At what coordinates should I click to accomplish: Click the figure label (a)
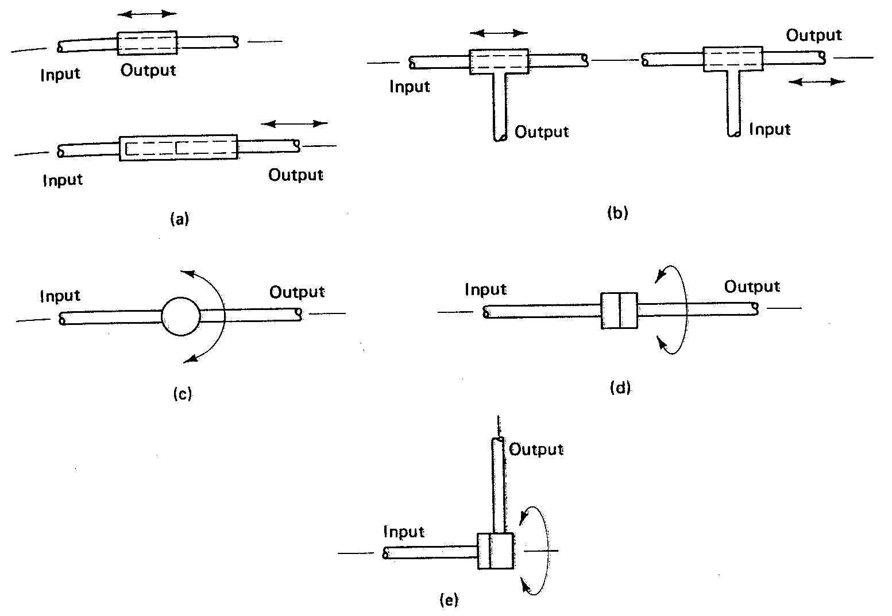[x=180, y=219]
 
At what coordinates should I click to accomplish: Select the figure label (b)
[x=617, y=214]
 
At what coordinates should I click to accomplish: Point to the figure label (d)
[x=620, y=388]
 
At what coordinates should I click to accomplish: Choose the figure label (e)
[x=449, y=600]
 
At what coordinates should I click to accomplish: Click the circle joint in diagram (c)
[x=181, y=316]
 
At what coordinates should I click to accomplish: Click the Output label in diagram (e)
[x=536, y=449]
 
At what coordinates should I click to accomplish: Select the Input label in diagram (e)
[x=404, y=532]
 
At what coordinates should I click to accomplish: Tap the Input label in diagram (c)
[x=60, y=296]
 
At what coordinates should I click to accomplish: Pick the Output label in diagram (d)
[x=752, y=286]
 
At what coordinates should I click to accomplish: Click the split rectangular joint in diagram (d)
[x=619, y=311]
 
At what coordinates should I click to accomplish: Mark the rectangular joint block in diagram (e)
[x=495, y=551]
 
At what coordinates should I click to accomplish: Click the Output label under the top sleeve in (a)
[x=148, y=71]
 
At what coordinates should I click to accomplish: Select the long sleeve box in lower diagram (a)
[x=178, y=148]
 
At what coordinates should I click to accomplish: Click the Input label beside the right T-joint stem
[x=770, y=129]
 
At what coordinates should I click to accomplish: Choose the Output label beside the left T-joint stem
[x=542, y=132]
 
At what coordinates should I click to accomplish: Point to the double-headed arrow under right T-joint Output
[x=817, y=82]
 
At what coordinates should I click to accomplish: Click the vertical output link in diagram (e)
[x=499, y=485]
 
